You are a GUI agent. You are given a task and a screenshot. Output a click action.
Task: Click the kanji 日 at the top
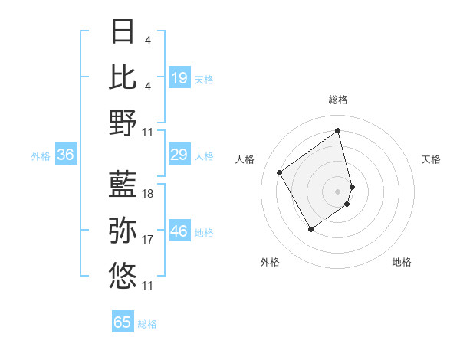(x=123, y=31)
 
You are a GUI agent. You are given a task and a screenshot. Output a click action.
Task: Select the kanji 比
(x=123, y=77)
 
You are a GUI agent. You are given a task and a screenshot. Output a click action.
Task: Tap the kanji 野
(x=123, y=123)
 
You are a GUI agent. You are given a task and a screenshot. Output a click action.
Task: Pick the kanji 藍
(x=123, y=184)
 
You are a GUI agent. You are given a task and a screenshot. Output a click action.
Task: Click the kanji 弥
(x=123, y=229)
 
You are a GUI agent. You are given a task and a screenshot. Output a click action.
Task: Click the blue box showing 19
(x=179, y=77)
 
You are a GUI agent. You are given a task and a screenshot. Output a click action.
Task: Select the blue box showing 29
(x=179, y=155)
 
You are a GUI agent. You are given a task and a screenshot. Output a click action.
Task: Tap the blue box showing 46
(x=179, y=231)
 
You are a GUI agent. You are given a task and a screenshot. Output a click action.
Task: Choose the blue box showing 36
(x=66, y=155)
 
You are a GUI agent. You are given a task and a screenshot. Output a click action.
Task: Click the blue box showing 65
(x=123, y=322)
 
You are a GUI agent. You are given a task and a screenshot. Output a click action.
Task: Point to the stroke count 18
(x=148, y=195)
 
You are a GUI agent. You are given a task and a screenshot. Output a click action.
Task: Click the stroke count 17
(x=148, y=240)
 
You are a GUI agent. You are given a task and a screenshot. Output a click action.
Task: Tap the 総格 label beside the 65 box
(x=147, y=324)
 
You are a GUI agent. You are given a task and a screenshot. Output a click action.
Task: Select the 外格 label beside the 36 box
(x=41, y=156)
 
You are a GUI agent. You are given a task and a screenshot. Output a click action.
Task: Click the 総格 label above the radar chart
(x=337, y=100)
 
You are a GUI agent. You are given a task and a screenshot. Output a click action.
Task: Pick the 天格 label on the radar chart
(x=432, y=159)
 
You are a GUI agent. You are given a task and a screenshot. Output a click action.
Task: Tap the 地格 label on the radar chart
(x=402, y=263)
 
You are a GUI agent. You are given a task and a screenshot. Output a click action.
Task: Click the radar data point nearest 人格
(x=280, y=172)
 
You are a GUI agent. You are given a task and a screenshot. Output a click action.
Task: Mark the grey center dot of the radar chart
(x=337, y=190)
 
